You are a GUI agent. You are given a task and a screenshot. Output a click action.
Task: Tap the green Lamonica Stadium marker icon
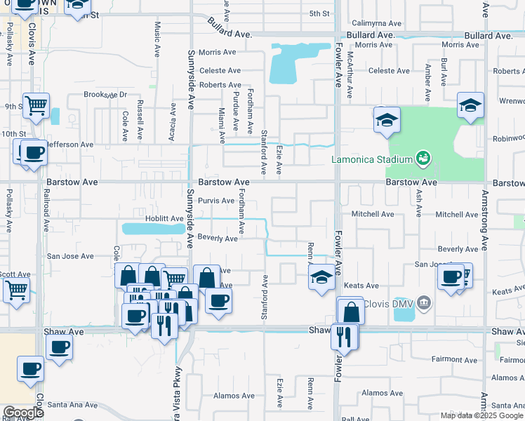tap(423, 156)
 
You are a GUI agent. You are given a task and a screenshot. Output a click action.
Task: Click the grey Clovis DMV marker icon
tap(423, 303)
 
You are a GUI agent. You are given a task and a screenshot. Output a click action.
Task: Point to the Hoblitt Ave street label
tap(164, 219)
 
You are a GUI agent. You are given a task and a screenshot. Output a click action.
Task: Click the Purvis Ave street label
tap(216, 201)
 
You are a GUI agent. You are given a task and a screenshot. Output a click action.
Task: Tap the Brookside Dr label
tap(105, 95)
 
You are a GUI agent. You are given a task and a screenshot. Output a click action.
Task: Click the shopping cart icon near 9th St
tap(36, 106)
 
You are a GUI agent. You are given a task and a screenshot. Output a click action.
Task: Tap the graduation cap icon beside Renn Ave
tap(321, 276)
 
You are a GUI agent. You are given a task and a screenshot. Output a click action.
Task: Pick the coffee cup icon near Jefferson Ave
tap(33, 152)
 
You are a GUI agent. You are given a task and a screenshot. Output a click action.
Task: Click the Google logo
tap(23, 413)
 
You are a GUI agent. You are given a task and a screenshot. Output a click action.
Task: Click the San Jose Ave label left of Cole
tap(70, 257)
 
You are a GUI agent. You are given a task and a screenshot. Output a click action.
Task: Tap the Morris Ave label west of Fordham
tap(217, 53)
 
